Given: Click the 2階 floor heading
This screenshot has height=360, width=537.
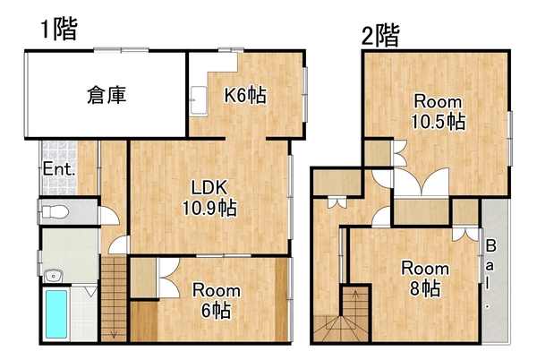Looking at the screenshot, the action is [380, 35].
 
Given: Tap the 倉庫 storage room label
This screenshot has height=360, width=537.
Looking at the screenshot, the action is [107, 95].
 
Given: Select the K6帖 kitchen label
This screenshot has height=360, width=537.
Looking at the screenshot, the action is [245, 95].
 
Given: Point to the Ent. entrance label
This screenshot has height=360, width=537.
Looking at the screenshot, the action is [58, 169].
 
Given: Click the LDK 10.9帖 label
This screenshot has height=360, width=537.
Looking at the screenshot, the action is [209, 198].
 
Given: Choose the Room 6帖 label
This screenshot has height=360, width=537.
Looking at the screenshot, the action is [216, 300].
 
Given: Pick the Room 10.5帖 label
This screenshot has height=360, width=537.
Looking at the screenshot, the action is [438, 112].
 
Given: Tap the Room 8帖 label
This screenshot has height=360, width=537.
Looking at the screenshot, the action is [425, 279].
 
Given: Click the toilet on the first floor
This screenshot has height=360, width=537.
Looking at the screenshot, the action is [54, 211].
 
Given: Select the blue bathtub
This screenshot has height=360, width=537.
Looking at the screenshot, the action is [56, 314].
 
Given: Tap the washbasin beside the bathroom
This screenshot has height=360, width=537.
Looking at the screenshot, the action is [53, 276].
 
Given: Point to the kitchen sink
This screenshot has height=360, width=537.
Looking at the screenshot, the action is [199, 100].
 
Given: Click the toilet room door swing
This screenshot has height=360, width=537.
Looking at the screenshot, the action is [109, 216].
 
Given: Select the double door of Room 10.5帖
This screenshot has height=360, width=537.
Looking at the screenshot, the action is [422, 182].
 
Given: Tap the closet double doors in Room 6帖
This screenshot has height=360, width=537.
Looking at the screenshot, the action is [168, 278].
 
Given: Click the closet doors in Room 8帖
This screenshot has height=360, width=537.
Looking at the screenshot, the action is [465, 234].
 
